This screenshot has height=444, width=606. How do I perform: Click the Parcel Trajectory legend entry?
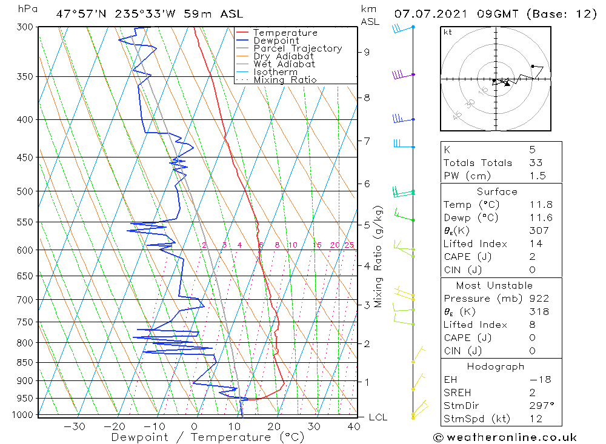(x=298, y=48)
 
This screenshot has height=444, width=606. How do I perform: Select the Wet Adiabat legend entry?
(x=284, y=64)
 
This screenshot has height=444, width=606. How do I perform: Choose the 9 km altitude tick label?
(x=367, y=52)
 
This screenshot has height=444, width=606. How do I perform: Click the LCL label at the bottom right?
(x=378, y=417)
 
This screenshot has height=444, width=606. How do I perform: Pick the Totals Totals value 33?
(x=536, y=162)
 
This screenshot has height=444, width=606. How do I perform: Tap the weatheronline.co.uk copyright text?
(x=505, y=437)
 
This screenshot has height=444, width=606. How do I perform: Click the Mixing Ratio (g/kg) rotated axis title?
(x=378, y=257)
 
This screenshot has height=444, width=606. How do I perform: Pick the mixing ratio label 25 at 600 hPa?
(x=349, y=245)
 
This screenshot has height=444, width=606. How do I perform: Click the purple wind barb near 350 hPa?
(x=399, y=75)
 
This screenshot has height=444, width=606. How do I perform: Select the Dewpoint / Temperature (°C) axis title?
(x=208, y=437)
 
